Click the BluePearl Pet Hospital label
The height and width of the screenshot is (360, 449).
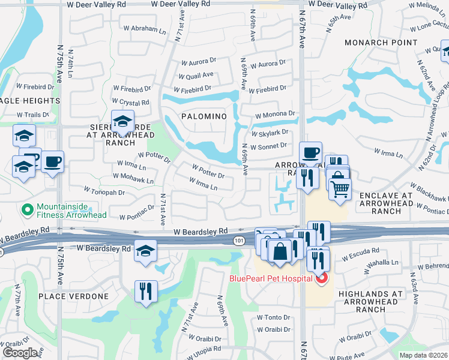(271, 278)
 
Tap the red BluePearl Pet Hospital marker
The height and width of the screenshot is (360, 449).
(321, 278)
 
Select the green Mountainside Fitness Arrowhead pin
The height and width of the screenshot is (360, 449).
(26, 209)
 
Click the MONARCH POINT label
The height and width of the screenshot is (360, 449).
(381, 43)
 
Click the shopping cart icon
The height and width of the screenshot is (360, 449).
(340, 189)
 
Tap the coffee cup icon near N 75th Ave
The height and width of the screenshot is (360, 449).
(52, 161)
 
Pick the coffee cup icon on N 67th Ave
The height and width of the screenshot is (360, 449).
(310, 152)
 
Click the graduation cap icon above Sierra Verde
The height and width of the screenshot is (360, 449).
(122, 121)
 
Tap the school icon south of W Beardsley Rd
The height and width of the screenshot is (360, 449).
(145, 251)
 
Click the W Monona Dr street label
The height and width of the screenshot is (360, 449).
(275, 114)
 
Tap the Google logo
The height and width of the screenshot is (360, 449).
(20, 353)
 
